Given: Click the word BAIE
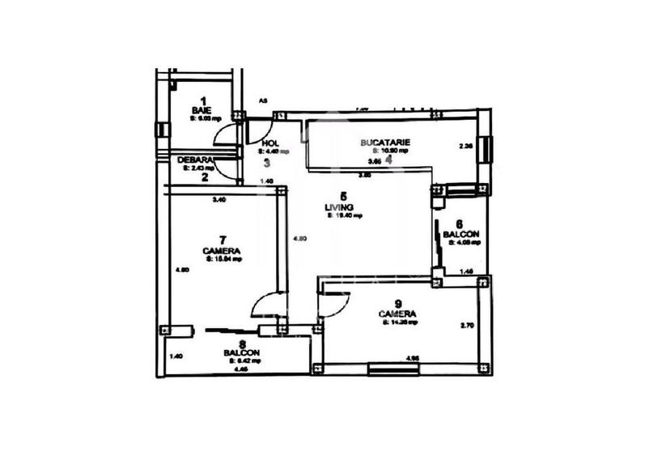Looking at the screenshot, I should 201,109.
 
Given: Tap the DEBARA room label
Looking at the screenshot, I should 195,160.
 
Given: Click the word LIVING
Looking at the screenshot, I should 344,207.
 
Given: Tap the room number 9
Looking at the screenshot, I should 397,302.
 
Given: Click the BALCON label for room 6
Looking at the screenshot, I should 461,234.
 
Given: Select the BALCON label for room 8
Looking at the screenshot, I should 242,352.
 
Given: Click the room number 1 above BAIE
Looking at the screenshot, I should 203,100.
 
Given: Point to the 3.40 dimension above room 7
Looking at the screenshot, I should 218,199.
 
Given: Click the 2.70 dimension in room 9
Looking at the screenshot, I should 465,326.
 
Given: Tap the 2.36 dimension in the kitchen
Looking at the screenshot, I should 465,147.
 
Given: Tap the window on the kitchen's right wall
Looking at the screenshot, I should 486,148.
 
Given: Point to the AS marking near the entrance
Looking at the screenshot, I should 263,101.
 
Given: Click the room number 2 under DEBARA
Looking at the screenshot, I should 205,177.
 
